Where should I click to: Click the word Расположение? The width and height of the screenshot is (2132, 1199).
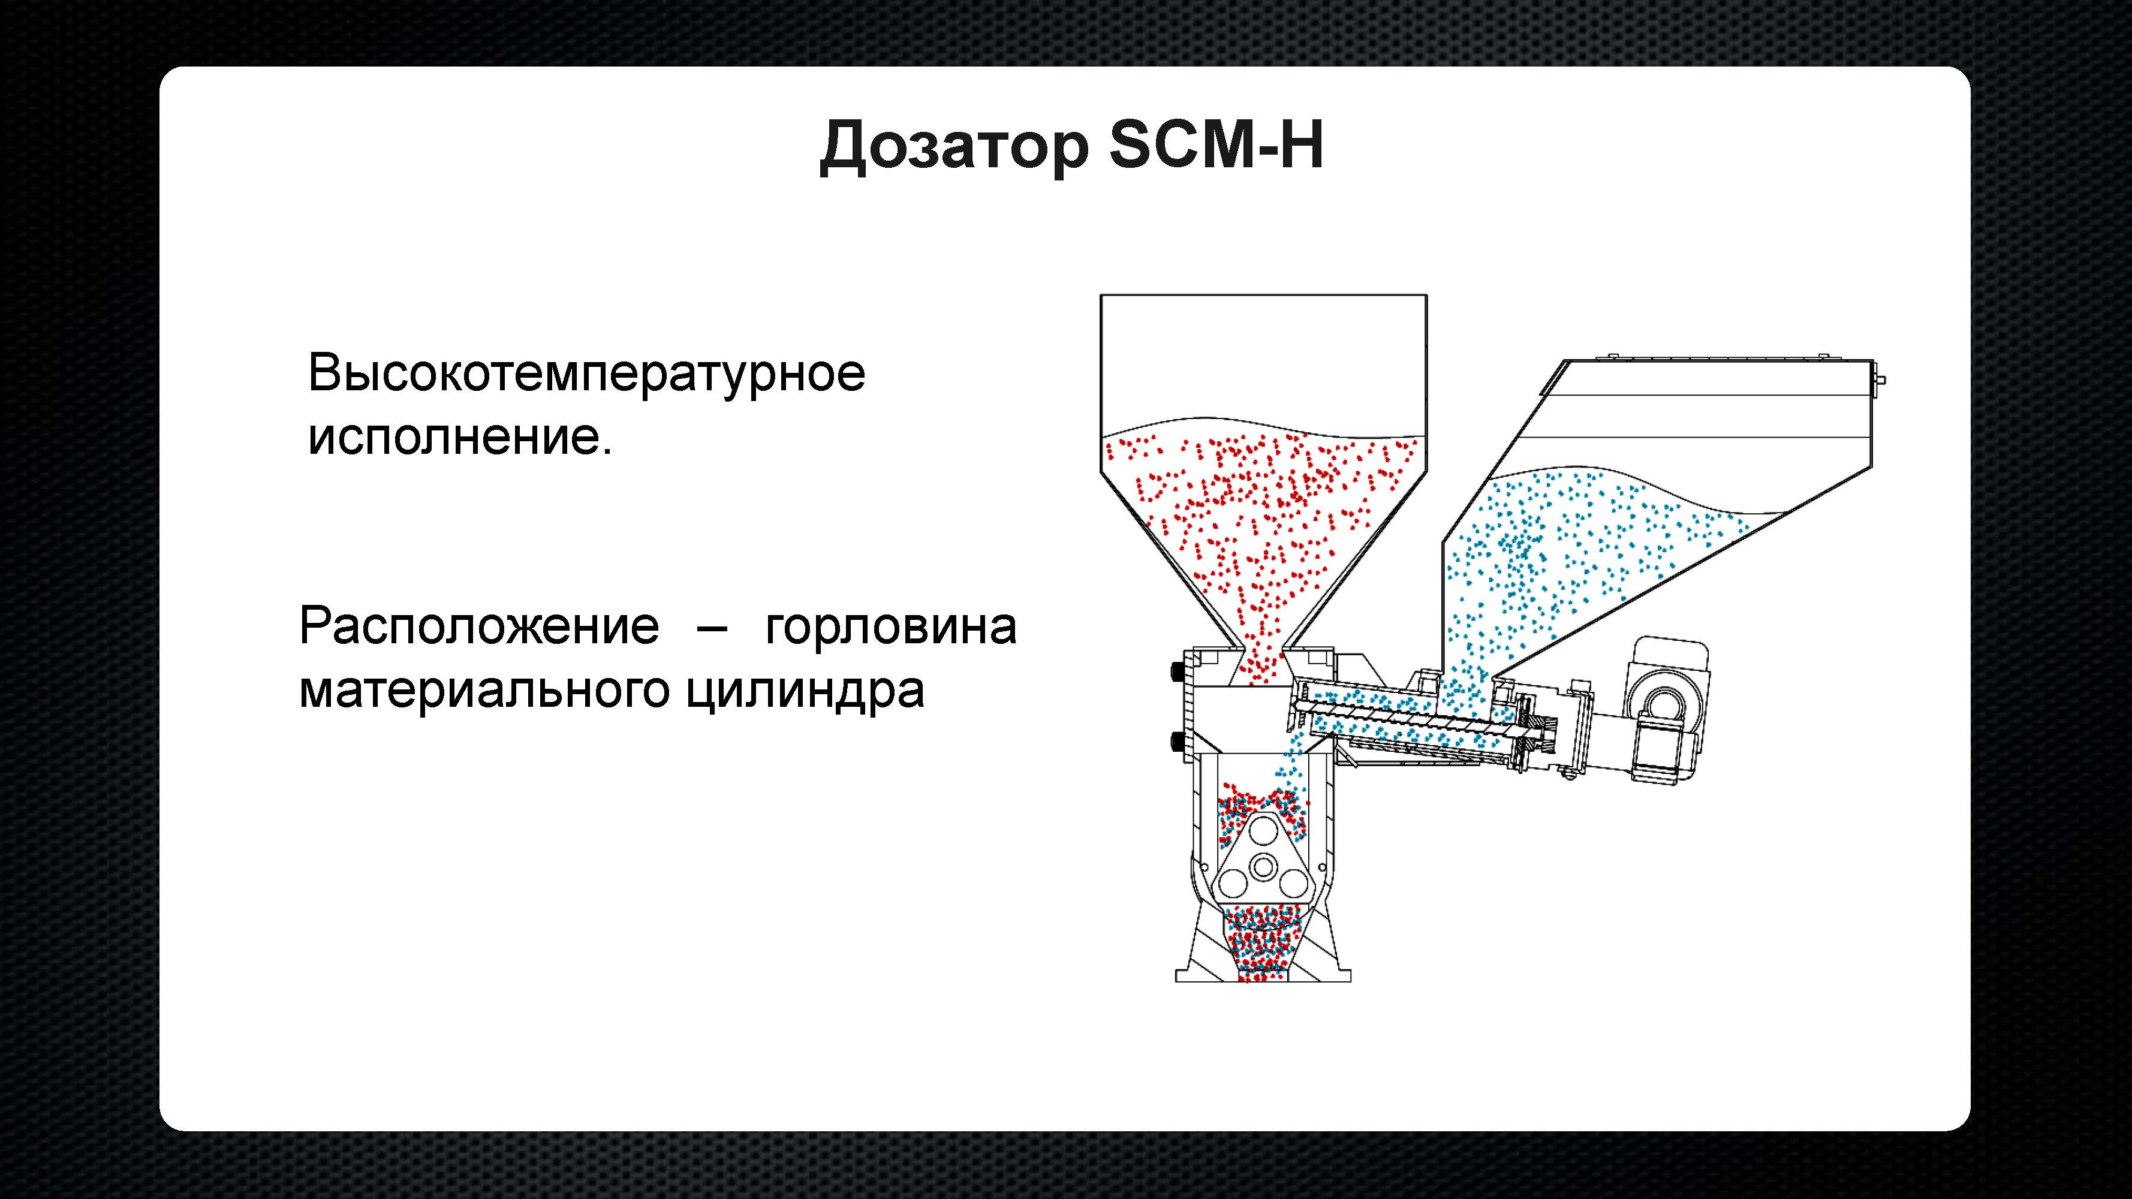coord(479,626)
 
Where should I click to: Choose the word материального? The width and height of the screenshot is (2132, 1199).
coord(484,692)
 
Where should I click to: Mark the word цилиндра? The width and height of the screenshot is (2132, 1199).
coord(805,694)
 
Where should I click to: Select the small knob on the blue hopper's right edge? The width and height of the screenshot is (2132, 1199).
coord(1880,380)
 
